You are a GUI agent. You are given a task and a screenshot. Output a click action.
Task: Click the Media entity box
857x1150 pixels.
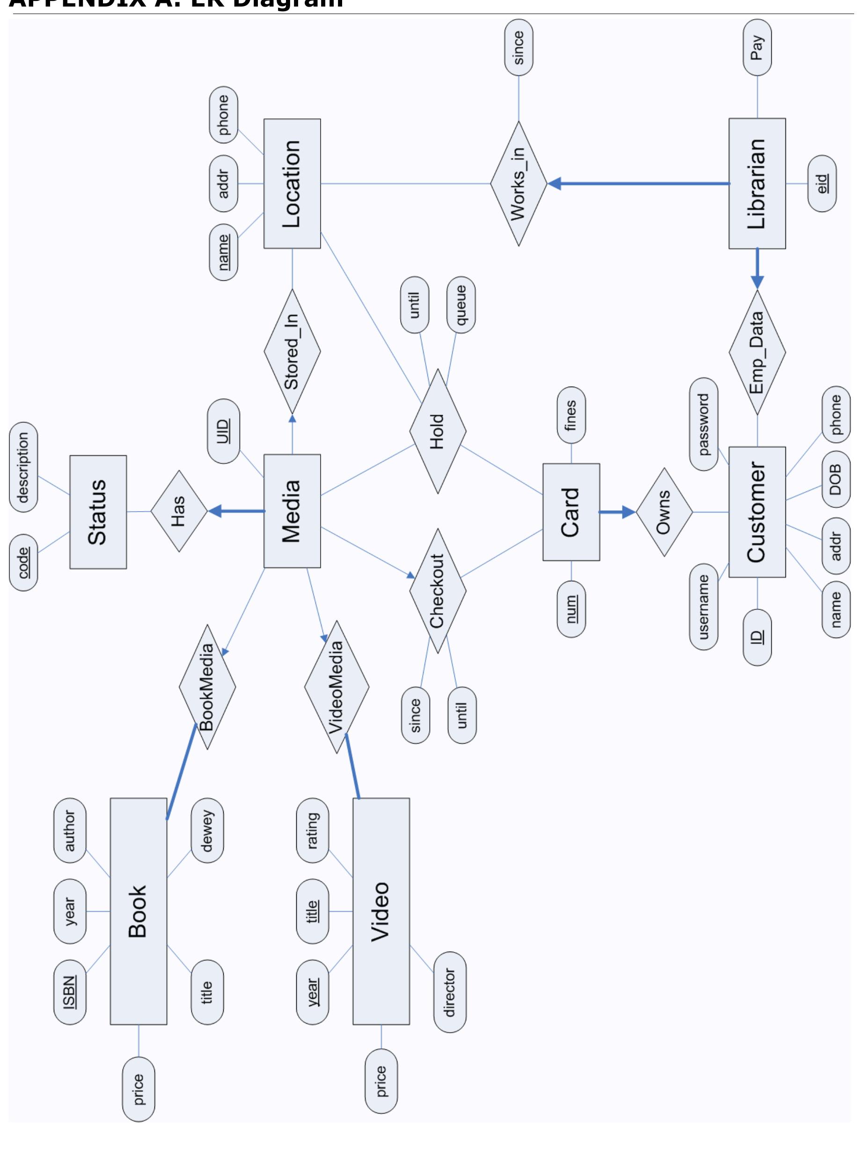(292, 511)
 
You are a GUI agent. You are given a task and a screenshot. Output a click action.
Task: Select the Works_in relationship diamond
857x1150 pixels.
(518, 183)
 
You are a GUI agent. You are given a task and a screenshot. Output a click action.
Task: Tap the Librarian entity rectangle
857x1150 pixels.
(756, 183)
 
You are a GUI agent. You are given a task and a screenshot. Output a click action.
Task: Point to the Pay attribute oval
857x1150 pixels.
(757, 47)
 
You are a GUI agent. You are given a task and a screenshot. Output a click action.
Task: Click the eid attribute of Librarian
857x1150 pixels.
(822, 183)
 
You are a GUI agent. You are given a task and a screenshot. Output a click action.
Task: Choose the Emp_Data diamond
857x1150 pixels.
(757, 352)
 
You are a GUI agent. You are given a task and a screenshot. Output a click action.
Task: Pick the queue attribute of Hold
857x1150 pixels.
(461, 305)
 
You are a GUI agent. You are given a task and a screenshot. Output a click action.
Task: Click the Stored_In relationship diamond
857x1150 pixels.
(292, 351)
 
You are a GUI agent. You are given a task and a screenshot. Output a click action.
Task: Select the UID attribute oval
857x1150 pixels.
(223, 431)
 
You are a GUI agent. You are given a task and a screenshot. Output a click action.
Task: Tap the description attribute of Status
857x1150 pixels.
(23, 468)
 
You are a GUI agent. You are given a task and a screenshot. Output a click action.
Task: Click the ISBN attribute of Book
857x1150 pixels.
(70, 992)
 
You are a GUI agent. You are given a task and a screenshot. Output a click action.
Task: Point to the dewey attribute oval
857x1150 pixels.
(207, 831)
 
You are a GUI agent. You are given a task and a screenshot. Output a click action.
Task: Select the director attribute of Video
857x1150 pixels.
(449, 992)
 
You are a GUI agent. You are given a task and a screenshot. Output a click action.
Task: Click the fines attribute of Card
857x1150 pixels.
(571, 415)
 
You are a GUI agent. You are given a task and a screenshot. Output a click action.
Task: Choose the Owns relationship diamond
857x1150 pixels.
(664, 512)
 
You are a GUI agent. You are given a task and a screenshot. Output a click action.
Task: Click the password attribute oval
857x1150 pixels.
(703, 425)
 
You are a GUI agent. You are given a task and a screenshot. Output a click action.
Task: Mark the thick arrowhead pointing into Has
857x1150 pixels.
(214, 511)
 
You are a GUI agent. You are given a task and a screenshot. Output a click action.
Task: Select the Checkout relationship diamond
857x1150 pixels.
(437, 591)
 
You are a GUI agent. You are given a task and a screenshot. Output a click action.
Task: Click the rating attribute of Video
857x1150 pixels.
(312, 831)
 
